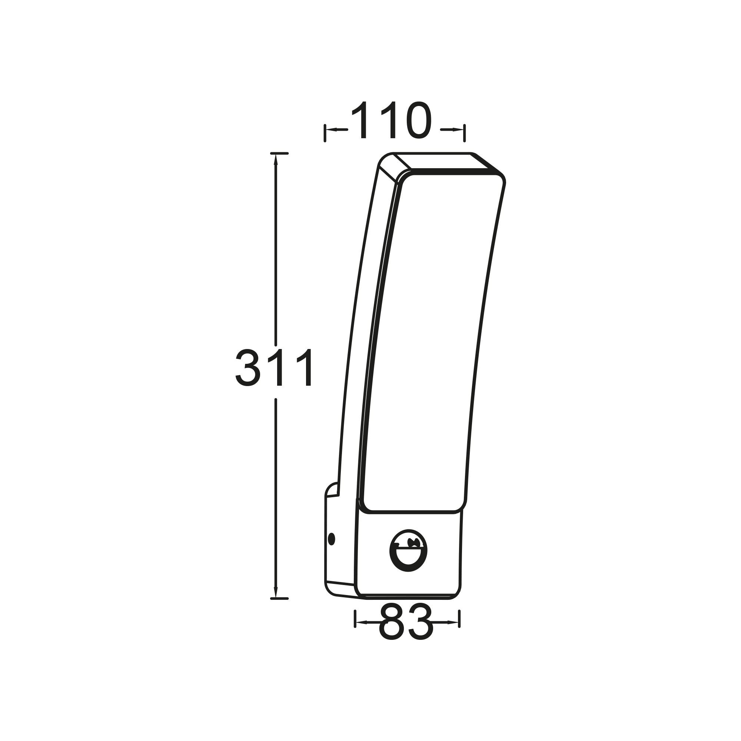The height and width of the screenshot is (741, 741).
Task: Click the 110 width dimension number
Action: (x=391, y=120)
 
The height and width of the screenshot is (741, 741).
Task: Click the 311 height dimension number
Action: (x=275, y=368)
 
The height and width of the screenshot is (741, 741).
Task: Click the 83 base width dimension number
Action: (x=406, y=622)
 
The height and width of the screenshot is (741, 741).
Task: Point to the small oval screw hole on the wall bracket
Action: (x=332, y=539)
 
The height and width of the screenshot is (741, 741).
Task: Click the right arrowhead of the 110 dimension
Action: (x=458, y=130)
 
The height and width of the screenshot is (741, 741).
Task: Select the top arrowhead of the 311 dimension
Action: (x=275, y=160)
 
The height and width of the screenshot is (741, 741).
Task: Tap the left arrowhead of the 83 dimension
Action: (x=361, y=622)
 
